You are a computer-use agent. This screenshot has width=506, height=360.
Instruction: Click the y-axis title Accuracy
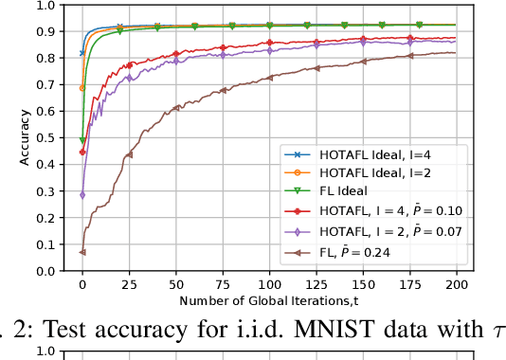tap(26, 138)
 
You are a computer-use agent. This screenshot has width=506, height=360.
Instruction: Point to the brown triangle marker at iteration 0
tap(82, 252)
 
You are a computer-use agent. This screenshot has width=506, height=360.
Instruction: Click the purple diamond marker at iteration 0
tap(82, 195)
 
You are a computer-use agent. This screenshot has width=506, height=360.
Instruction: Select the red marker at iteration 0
tap(82, 152)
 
